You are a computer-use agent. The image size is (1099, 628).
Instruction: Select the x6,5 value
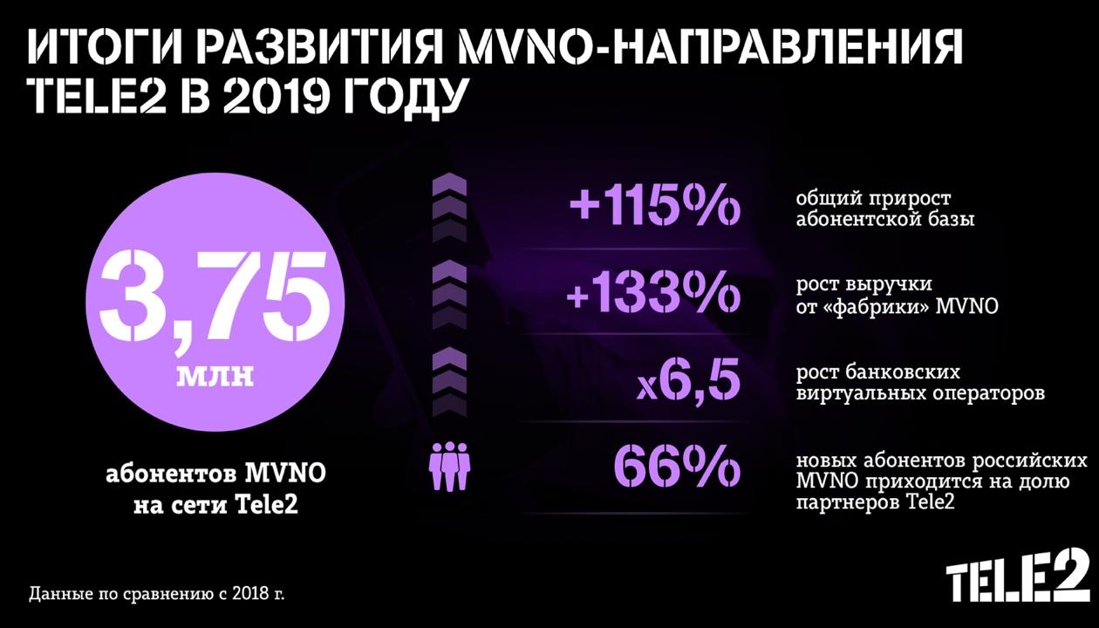coord(689,381)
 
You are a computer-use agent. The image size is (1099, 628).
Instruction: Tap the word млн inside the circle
coord(215,376)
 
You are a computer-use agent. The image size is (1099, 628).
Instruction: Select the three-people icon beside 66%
coord(450,467)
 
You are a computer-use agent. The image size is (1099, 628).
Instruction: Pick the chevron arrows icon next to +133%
coord(450,292)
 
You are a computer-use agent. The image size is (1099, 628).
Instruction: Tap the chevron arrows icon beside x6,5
coord(450,377)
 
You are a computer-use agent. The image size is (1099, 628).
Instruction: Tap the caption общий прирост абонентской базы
coord(884,208)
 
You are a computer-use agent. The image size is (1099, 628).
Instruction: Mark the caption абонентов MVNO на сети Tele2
coord(215,490)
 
